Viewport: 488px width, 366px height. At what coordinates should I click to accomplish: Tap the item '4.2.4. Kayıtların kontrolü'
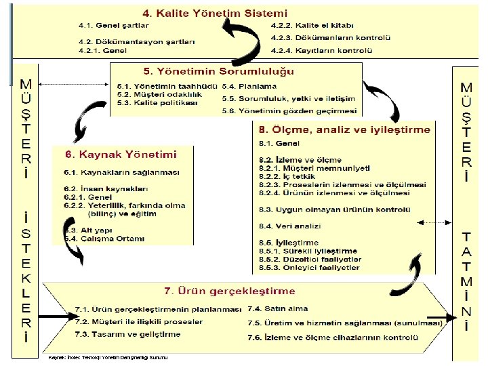[x=321, y=51]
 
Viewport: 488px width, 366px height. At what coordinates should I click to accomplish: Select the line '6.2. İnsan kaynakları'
[x=105, y=188]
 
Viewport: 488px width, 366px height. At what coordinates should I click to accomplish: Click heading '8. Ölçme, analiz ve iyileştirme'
[x=344, y=129]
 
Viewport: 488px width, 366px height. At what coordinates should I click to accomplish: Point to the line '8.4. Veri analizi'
[x=289, y=226]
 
